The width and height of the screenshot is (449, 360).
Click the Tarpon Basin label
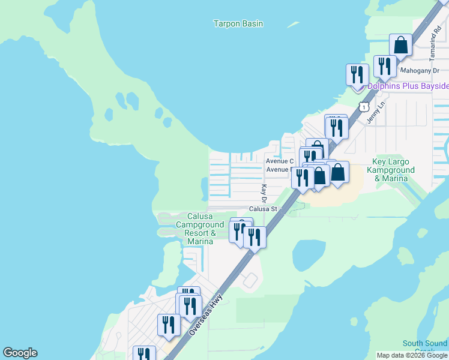[238, 24]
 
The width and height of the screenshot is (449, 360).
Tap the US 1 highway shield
[363, 106]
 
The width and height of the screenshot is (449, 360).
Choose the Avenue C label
[280, 161]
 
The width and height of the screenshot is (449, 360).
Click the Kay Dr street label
[264, 193]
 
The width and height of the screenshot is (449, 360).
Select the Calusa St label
[263, 209]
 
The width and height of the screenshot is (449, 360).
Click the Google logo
[20, 353]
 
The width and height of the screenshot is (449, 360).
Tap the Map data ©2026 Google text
[412, 355]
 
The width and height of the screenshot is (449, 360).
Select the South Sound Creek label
[424, 346]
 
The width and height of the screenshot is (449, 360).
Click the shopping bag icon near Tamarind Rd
[400, 45]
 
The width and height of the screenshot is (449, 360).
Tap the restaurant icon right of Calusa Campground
[255, 237]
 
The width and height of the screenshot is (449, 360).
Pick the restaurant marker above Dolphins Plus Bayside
[357, 74]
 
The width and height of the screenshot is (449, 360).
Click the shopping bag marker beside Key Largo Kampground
[338, 172]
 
